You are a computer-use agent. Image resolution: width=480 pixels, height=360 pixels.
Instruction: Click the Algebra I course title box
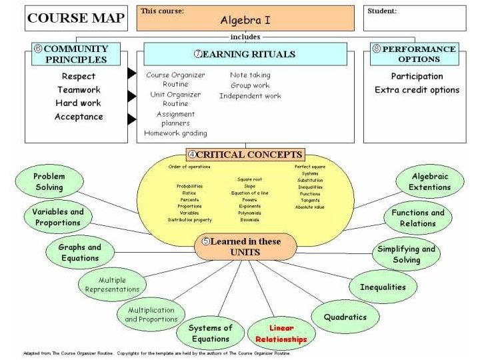click(245, 19)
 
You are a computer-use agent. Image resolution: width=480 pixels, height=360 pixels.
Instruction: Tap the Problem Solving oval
click(49, 182)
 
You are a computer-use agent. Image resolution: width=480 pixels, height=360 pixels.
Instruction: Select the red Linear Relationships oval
click(281, 333)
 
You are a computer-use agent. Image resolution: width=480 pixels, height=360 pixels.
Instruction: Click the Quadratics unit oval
click(345, 317)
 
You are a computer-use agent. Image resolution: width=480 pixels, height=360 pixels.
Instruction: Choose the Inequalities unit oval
click(382, 287)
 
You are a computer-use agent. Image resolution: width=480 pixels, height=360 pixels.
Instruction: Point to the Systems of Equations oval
click(210, 333)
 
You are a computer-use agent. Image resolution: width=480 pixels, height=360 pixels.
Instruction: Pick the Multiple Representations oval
click(112, 285)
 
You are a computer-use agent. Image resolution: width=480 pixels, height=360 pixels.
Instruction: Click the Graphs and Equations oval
click(80, 253)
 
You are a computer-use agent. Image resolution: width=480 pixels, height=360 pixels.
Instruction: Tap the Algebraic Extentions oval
click(430, 182)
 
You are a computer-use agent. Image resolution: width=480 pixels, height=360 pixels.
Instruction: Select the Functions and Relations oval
click(418, 218)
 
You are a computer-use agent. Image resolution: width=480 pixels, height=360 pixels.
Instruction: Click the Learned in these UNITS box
click(245, 247)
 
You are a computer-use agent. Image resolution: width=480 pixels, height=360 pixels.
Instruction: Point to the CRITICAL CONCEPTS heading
click(245, 155)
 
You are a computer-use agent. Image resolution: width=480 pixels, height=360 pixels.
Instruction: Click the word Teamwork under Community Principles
click(79, 90)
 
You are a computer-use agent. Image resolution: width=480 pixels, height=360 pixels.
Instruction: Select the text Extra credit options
click(417, 90)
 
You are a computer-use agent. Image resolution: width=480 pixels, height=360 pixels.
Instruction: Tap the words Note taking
click(250, 75)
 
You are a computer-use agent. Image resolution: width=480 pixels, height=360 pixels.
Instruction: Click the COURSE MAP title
click(75, 19)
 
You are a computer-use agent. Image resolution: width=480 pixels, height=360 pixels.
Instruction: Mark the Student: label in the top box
click(382, 11)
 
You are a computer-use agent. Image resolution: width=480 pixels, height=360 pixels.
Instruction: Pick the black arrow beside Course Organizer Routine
click(132, 73)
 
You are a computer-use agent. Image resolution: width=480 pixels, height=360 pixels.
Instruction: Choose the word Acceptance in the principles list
click(79, 117)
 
